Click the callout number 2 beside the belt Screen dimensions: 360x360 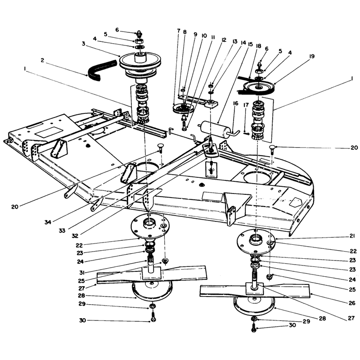point(42,60)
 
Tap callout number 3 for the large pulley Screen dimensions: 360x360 point(84,44)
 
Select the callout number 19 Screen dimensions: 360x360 point(312,56)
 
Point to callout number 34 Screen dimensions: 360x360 point(48,222)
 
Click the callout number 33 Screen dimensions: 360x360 point(62,230)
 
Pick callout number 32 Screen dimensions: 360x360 point(75,235)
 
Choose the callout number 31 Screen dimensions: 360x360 point(82,272)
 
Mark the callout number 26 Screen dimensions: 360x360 point(352,303)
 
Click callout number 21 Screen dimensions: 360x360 point(352,236)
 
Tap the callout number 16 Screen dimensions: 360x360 point(235,103)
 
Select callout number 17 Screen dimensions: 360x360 point(246,105)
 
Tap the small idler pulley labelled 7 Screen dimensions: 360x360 point(183,108)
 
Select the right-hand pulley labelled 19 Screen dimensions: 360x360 point(259,87)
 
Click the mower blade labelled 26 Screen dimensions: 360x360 point(255,290)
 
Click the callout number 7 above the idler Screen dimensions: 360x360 point(179,31)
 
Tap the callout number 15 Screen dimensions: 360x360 point(250,44)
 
